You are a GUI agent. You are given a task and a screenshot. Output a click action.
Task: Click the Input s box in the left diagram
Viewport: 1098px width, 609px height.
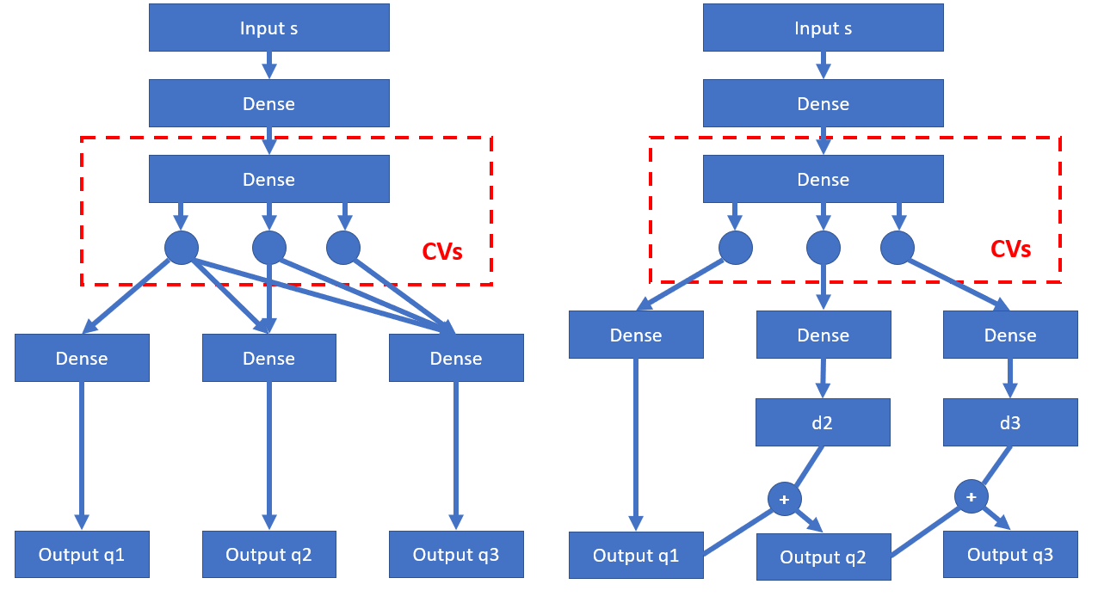(269, 28)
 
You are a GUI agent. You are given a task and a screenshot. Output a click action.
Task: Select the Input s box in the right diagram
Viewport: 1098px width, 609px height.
(823, 28)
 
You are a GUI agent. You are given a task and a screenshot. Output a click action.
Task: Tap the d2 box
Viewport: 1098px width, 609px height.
(823, 422)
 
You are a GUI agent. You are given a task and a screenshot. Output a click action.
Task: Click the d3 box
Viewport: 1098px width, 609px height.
(1010, 422)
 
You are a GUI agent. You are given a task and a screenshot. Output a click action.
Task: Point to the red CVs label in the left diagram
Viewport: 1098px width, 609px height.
(442, 252)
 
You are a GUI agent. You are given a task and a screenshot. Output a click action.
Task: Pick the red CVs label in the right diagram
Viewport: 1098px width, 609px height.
(1011, 249)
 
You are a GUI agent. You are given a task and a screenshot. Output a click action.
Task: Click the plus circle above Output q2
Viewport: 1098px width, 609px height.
(784, 499)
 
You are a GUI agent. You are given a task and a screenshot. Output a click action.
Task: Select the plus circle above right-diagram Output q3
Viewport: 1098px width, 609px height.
(971, 497)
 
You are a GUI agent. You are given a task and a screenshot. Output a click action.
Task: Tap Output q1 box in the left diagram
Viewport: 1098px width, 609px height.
(82, 554)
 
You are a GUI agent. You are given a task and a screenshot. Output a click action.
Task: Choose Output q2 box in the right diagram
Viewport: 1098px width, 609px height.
(823, 557)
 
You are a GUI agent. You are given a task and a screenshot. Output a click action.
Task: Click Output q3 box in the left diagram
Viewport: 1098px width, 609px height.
(456, 554)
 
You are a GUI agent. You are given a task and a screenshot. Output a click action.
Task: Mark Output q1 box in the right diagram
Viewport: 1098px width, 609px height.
(636, 555)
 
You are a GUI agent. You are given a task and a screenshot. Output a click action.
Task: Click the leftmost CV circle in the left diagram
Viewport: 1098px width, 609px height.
(182, 248)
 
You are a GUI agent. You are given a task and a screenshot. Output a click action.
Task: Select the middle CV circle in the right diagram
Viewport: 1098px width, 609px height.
(823, 248)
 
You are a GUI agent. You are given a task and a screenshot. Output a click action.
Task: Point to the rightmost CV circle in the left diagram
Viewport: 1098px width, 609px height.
(343, 248)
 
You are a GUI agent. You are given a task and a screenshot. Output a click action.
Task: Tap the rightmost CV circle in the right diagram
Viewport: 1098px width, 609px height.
(898, 248)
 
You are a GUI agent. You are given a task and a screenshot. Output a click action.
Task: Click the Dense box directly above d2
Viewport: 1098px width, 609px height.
(823, 335)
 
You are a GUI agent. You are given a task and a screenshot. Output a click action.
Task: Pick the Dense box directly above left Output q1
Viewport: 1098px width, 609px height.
(82, 358)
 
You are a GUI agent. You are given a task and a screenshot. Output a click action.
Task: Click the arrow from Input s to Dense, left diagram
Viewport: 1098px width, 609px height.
(269, 65)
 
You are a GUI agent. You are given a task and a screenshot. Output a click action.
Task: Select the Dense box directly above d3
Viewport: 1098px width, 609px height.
(1010, 335)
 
